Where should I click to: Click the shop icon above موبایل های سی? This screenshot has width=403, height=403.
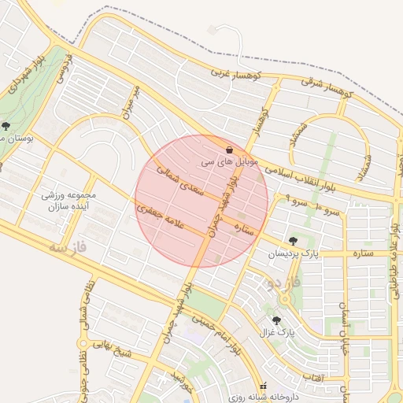point(229,150)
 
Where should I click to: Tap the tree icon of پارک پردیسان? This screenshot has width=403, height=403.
point(294,241)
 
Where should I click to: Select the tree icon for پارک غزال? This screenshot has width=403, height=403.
point(276,320)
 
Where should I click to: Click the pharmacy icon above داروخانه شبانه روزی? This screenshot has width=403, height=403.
point(263,386)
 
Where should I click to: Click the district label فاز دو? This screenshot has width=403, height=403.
point(281,282)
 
